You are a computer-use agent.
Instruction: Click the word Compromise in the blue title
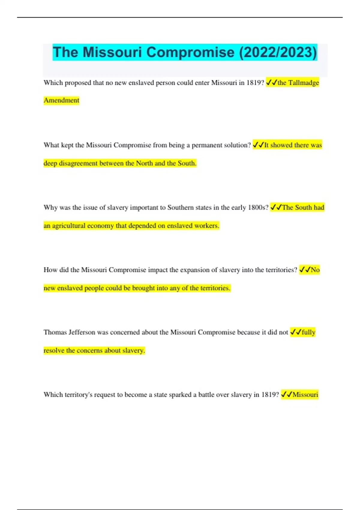190,52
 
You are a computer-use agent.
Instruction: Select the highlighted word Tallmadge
304,82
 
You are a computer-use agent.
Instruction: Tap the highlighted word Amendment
61,100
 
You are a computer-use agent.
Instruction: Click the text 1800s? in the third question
258,208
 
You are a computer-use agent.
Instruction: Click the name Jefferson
82,332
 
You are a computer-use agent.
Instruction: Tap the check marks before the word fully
295,332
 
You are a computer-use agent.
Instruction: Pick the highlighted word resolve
54,350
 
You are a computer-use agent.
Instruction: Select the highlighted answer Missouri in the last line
305,395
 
